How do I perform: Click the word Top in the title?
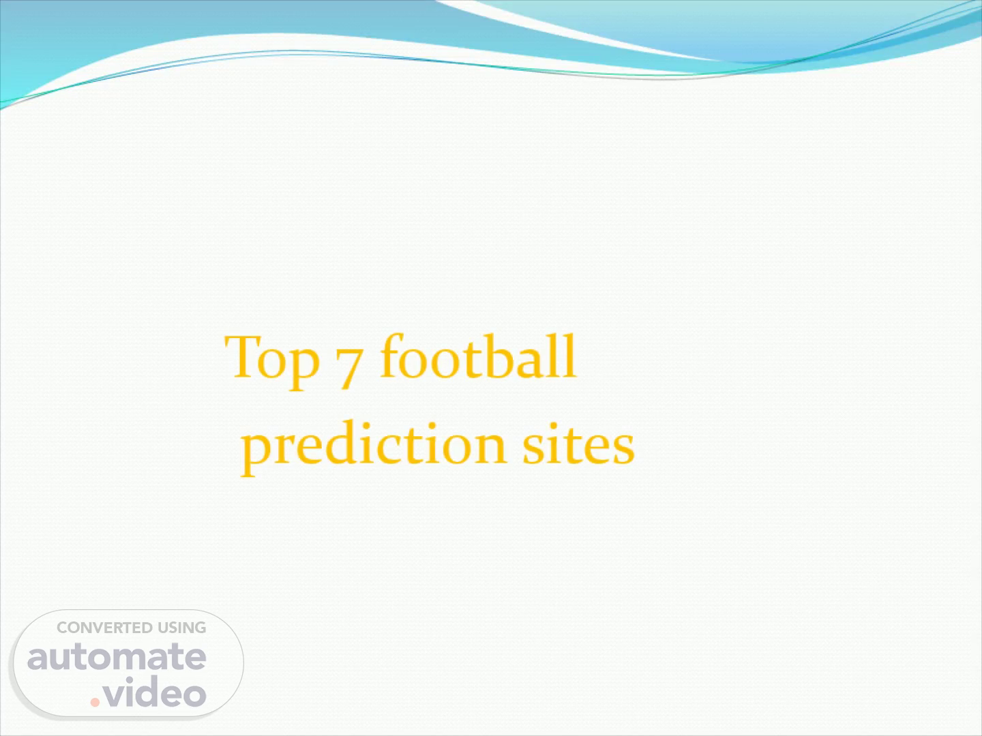click(x=272, y=363)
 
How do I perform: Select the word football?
click(x=478, y=356)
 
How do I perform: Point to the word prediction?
click(x=374, y=447)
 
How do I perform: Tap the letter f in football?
click(x=392, y=356)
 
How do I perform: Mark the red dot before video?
click(x=95, y=702)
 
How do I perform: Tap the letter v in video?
click(x=115, y=695)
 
